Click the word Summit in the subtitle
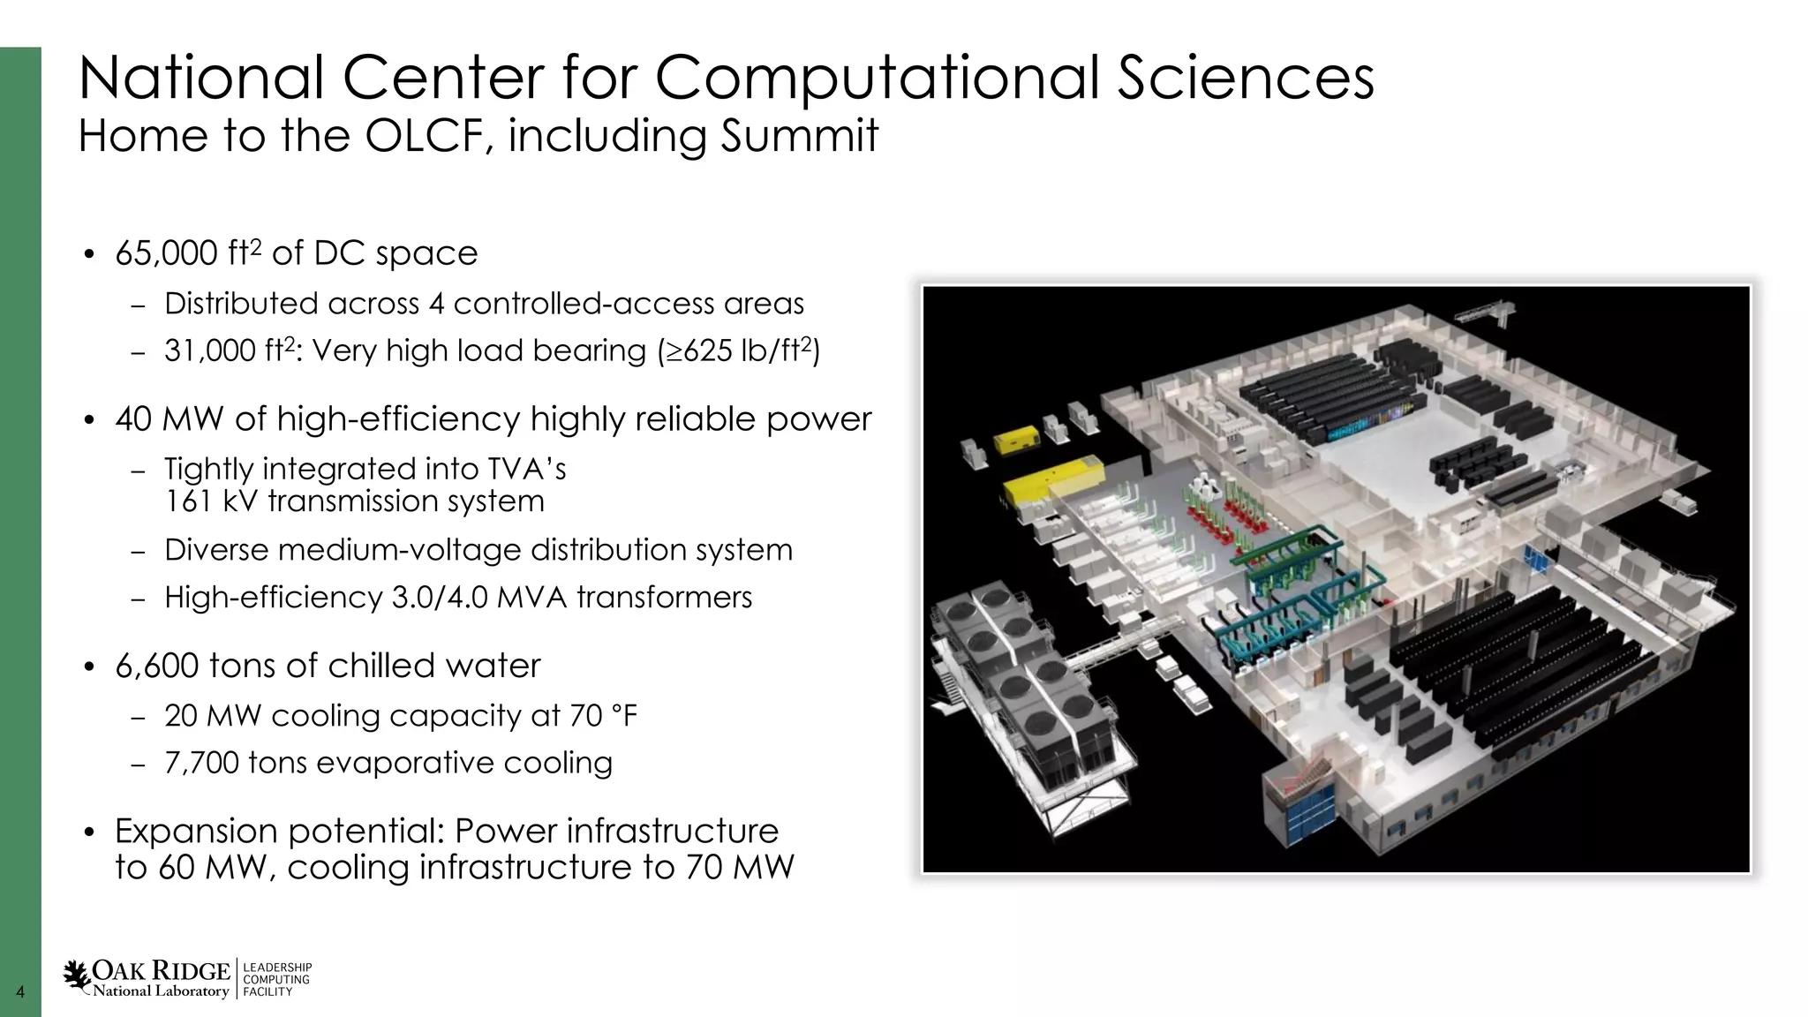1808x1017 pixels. point(799,136)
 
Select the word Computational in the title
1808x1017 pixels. point(880,78)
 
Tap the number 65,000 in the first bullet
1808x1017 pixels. point(166,253)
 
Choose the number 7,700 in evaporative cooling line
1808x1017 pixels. point(201,763)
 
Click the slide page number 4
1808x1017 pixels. point(20,992)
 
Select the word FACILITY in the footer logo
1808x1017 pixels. point(267,992)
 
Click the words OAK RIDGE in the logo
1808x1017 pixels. point(161,971)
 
